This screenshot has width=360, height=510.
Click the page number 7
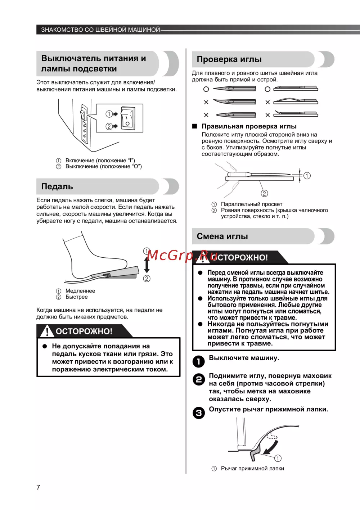point(38,487)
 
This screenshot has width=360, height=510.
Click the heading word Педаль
point(57,186)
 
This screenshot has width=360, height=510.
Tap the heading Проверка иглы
point(229,59)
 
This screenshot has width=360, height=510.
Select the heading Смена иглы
point(222,236)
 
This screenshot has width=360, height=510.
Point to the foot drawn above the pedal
point(90,257)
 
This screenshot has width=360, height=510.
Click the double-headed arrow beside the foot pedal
point(147,265)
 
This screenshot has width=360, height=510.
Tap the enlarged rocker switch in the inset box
point(128,118)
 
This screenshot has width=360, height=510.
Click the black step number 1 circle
point(198,361)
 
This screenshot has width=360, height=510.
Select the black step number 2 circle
point(198,379)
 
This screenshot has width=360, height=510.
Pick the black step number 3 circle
point(198,413)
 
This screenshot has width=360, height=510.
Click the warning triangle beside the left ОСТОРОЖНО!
point(47,331)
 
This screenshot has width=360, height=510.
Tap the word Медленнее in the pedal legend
point(80,291)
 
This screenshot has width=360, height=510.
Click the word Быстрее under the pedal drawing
point(76,297)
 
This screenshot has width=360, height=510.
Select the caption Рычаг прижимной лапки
point(252,468)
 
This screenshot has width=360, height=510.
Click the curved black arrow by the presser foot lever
point(271,448)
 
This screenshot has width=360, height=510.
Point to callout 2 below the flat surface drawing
point(264,193)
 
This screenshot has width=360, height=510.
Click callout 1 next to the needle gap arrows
point(307,176)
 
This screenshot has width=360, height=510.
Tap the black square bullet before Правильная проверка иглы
point(195,126)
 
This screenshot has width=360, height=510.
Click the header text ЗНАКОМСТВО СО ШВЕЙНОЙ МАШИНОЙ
point(100,30)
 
